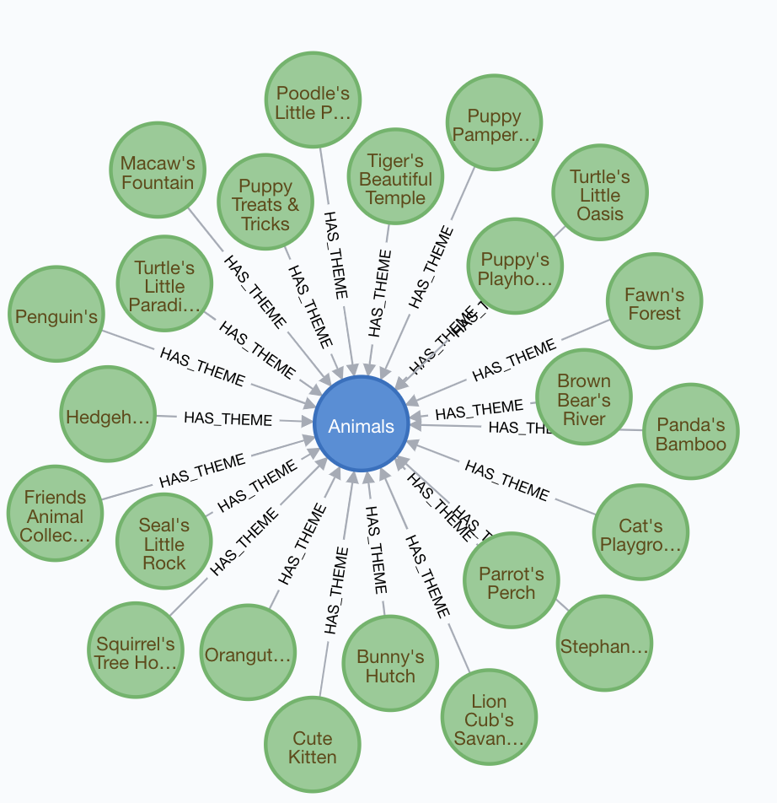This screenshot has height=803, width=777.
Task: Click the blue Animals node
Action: click(x=361, y=425)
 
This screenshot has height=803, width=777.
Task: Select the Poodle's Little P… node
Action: click(x=313, y=103)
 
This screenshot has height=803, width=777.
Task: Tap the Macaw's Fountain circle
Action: click(x=158, y=172)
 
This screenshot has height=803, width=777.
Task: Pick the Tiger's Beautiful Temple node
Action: click(x=396, y=179)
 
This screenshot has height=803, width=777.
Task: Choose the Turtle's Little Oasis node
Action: click(x=600, y=195)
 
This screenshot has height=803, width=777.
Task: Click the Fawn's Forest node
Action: click(x=654, y=304)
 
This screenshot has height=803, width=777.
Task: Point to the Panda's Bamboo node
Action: click(x=690, y=434)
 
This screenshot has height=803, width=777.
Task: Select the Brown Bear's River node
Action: click(x=584, y=400)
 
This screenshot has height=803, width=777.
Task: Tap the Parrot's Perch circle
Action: click(x=511, y=582)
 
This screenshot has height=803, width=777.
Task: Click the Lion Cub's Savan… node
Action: click(x=489, y=719)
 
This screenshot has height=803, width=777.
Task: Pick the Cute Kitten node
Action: click(x=312, y=746)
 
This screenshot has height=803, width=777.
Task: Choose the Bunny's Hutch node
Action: click(x=390, y=666)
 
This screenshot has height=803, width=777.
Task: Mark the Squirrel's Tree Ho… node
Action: click(x=136, y=652)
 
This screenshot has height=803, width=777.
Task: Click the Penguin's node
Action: click(x=56, y=317)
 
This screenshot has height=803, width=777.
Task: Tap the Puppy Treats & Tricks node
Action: click(x=265, y=204)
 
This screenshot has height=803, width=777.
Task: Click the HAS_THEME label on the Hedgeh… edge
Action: click(x=228, y=418)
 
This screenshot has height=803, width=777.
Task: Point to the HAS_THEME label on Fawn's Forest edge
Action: click(x=514, y=360)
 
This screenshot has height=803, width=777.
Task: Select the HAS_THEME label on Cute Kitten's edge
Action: click(x=336, y=590)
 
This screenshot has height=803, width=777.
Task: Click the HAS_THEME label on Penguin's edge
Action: click(x=202, y=366)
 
